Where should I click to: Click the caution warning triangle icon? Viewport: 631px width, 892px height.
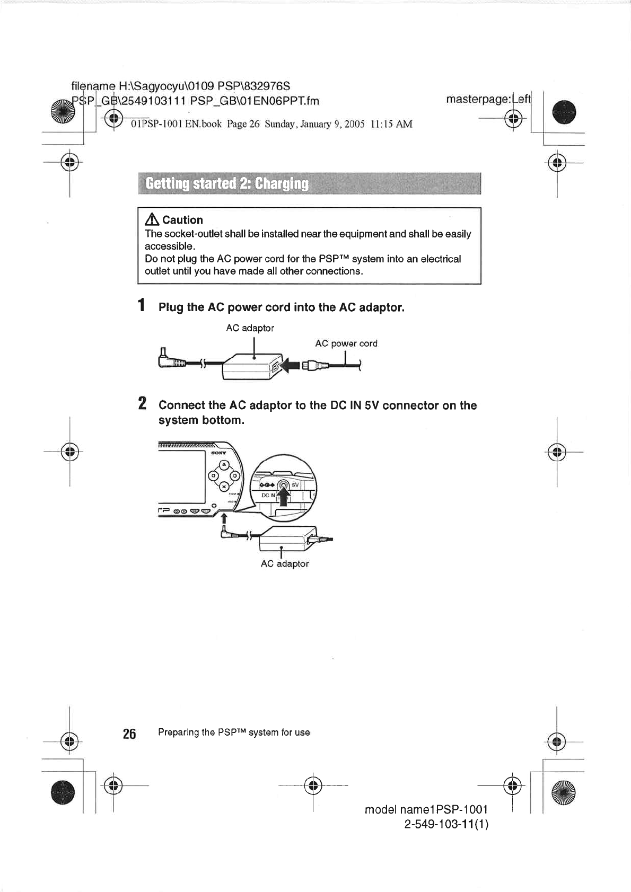[152, 220]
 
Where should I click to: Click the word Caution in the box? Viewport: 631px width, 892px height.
[182, 220]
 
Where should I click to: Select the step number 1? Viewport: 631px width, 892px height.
[141, 305]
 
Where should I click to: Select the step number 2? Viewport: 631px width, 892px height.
[142, 403]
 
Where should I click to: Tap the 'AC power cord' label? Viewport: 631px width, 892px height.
[346, 343]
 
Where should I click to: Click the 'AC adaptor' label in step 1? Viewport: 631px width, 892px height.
[250, 328]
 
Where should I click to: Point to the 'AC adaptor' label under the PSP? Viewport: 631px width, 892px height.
[284, 564]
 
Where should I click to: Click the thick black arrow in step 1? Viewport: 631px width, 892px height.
[290, 365]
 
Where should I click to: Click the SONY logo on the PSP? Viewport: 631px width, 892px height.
[218, 453]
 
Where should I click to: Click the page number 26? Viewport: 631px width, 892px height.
[129, 734]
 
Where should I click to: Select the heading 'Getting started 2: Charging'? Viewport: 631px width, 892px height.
[227, 183]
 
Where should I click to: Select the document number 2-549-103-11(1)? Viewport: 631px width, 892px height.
[446, 824]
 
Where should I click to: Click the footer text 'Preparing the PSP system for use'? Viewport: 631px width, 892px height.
[233, 732]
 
